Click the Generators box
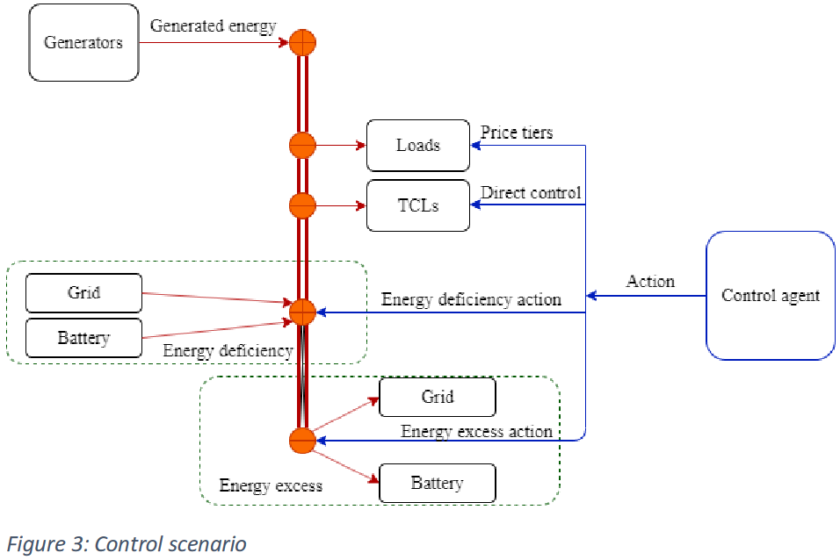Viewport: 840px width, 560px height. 83,42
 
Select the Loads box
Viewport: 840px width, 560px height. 417,145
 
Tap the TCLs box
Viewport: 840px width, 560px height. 417,206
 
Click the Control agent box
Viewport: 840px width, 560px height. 770,295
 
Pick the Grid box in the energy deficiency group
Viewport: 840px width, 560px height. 83,292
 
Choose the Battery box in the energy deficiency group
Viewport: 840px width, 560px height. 83,338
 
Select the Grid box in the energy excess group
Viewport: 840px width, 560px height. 437,397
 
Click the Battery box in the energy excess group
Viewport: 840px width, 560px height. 437,483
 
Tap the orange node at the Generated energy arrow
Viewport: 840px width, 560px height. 301,41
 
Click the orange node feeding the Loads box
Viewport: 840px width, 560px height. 301,145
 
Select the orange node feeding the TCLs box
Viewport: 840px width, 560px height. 301,206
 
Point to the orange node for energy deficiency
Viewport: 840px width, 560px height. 301,312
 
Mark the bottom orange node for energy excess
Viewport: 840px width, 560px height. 301,441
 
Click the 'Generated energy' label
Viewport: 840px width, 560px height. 213,25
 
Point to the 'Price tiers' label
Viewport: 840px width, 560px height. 517,133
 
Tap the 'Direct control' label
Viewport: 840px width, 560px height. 531,192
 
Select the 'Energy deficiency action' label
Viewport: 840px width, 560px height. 471,299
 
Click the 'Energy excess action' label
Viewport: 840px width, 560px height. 476,431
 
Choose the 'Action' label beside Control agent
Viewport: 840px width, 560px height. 650,282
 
